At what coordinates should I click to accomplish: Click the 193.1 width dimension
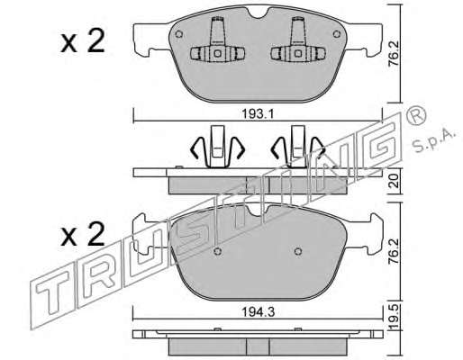click(x=258, y=114)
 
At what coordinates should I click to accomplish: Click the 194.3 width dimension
click(x=259, y=312)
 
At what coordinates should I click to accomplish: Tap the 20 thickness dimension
click(x=394, y=181)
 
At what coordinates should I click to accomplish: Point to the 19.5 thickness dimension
click(x=394, y=317)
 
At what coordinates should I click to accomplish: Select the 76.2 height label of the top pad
click(x=394, y=53)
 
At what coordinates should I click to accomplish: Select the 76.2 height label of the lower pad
click(x=394, y=251)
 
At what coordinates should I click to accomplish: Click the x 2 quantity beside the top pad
click(x=83, y=41)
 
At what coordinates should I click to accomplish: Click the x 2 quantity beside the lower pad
click(x=83, y=234)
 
